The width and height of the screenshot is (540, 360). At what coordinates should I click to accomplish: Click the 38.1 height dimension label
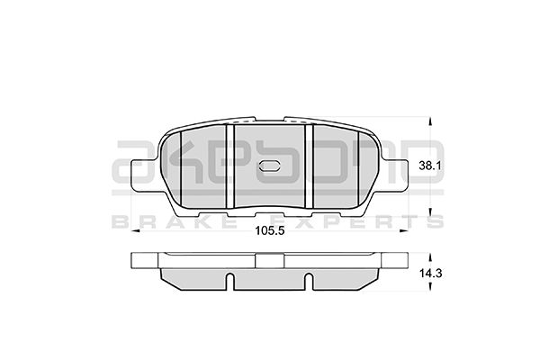coord(429,166)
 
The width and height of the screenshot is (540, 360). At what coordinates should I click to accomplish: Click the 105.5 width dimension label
coord(270,230)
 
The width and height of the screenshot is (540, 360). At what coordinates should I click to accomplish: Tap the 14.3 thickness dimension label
coord(430,274)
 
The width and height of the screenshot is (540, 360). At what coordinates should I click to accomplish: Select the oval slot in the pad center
coord(270,166)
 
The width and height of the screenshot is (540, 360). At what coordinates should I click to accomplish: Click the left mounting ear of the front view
coord(144,174)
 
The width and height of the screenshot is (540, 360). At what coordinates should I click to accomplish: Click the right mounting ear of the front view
coord(396,174)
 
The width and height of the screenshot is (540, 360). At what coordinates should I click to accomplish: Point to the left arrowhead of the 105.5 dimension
coord(135,230)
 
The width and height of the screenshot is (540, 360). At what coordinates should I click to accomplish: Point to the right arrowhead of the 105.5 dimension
coord(404,230)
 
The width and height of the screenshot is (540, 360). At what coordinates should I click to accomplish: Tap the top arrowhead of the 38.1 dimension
coord(429,121)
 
